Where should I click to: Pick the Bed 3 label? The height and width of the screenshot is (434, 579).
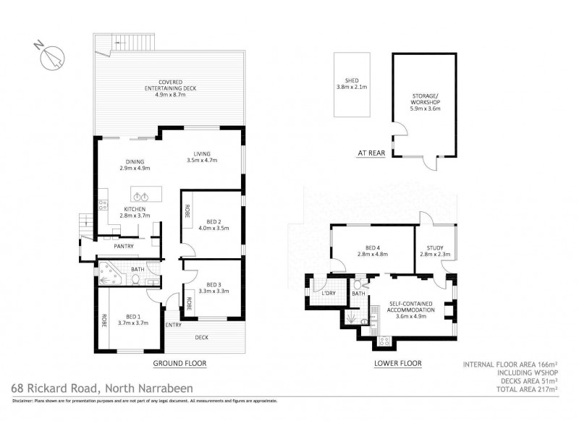tap(213, 284)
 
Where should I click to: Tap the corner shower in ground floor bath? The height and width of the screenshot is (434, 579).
tap(112, 277)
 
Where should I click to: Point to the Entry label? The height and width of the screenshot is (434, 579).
tap(174, 325)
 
